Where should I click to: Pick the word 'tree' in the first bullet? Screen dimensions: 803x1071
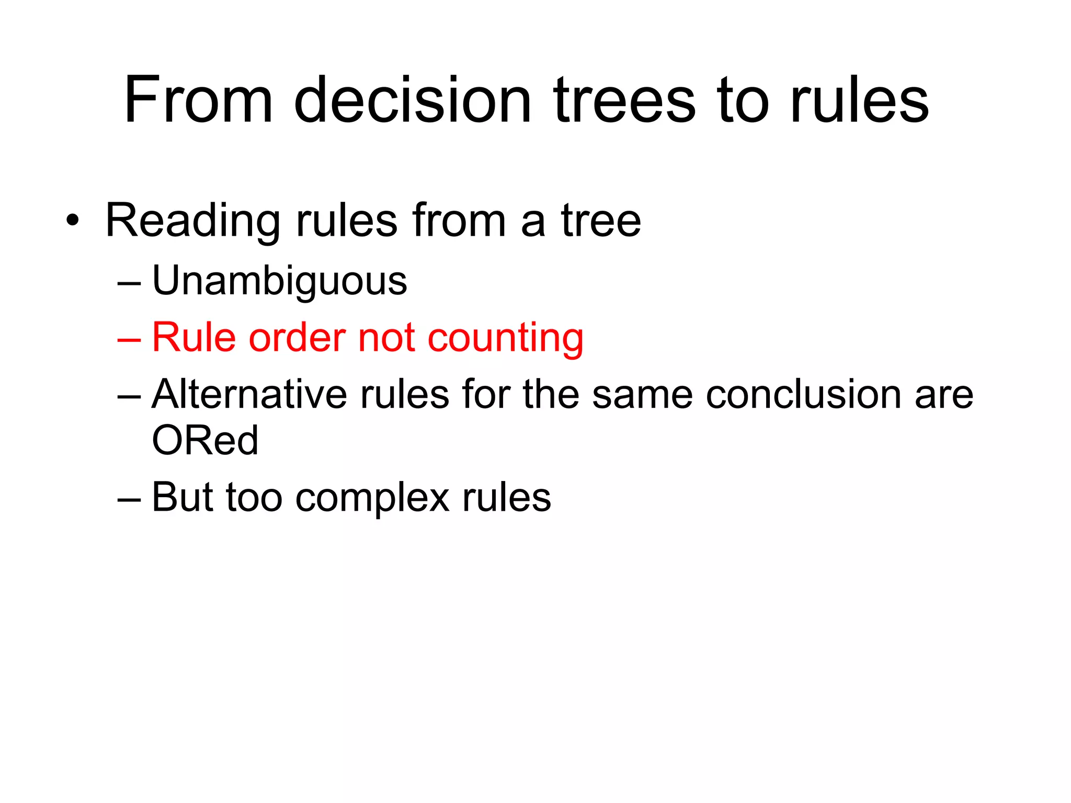pyautogui.click(x=601, y=220)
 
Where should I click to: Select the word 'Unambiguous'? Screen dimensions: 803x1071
pyautogui.click(x=279, y=281)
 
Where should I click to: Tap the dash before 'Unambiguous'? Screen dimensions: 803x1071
pyautogui.click(x=129, y=283)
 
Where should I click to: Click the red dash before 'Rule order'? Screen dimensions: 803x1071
pyautogui.click(x=129, y=339)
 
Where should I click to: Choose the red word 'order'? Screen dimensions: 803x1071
pyautogui.click(x=297, y=338)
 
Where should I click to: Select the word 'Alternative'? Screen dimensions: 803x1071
pyautogui.click(x=249, y=394)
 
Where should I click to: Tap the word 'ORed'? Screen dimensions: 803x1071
pyautogui.click(x=205, y=440)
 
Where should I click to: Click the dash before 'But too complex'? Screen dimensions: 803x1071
pyautogui.click(x=129, y=498)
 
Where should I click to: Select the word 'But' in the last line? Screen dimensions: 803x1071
pyautogui.click(x=181, y=497)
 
